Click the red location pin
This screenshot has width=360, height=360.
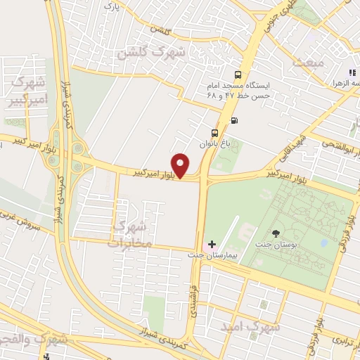[181, 165]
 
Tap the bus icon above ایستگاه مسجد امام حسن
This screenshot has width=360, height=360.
[238, 74]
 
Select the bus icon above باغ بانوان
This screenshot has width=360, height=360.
[215, 132]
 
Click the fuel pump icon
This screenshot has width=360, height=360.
[233, 119]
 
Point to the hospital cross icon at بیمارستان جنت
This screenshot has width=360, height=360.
[212, 244]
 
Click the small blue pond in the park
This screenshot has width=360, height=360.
[323, 243]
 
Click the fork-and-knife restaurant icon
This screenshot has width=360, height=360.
[351, 72]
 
